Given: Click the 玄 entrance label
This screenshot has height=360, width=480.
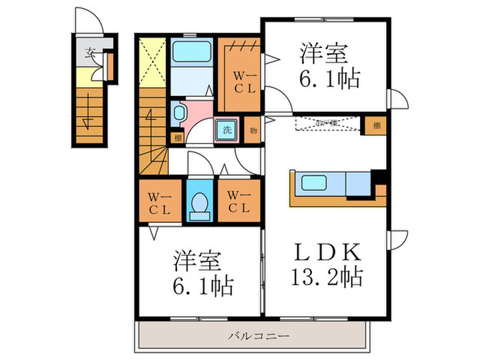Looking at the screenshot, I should click(89, 52).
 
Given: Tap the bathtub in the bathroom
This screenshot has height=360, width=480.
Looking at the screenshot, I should click(192, 52).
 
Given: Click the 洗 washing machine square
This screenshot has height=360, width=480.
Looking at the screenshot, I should click(226, 129).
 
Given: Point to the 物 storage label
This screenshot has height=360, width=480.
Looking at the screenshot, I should click(252, 129).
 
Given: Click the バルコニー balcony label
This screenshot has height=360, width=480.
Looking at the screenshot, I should click(258, 336).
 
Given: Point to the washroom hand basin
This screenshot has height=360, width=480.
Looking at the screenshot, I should click(180, 112).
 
